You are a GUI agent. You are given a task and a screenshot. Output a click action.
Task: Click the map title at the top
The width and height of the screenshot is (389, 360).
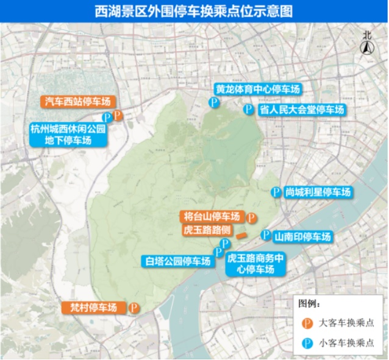coord(194,11)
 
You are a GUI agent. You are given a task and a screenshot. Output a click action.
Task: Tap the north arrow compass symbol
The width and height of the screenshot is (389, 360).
coord(367,46)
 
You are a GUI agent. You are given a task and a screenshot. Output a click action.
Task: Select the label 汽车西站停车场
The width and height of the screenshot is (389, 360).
coord(77,102)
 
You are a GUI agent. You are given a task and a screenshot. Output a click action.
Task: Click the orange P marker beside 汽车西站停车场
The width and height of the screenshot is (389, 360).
coord(118,115)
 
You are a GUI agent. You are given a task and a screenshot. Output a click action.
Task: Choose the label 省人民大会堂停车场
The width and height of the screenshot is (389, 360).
coord(302,110)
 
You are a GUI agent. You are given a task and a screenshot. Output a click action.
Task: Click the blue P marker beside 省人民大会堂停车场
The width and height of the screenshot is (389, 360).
coord(248,110)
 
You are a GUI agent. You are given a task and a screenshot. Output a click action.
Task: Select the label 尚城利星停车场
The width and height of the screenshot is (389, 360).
coord(318,192)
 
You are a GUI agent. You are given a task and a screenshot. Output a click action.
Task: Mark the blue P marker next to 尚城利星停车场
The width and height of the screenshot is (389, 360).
coord(276,192)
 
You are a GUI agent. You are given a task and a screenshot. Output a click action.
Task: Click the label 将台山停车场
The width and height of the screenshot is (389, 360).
coord(212,216)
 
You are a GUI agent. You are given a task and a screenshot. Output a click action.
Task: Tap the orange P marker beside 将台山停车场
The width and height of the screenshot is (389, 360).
coord(251,217)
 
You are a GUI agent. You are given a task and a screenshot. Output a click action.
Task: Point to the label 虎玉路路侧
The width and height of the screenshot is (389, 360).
coord(207,230)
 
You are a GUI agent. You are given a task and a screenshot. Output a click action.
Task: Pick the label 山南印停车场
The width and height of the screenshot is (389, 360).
coord(302,236)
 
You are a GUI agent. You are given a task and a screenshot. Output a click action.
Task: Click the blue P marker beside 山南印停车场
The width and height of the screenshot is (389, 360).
coord(266,235)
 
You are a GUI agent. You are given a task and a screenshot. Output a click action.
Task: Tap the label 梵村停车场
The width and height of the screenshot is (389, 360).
coord(95,308)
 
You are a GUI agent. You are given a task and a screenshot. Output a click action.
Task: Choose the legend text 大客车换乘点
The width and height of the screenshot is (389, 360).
coord(346,323)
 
